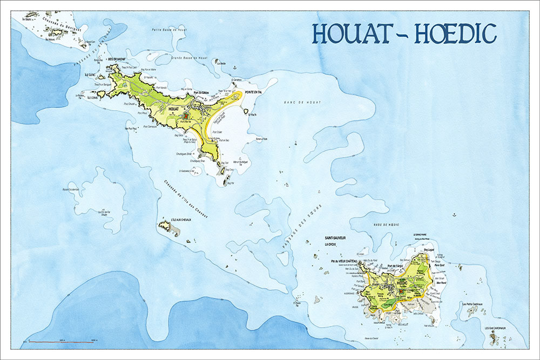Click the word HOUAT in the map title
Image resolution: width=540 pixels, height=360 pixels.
point(357,33)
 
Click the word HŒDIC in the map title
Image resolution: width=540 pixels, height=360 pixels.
point(455,33)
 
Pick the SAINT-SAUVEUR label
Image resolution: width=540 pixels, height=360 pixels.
point(335,237)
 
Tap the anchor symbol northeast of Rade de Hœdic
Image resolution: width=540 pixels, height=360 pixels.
point(454,215)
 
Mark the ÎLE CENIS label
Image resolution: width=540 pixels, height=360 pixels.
point(90,98)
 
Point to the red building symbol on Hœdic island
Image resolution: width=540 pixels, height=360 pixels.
point(402,292)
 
